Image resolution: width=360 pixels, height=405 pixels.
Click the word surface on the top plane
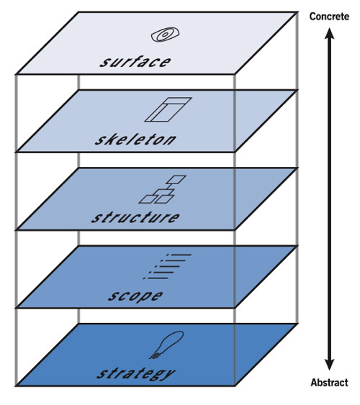pos(135,62)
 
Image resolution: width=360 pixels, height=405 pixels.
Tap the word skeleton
pos(135,140)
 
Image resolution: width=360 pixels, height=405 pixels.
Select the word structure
pos(135,217)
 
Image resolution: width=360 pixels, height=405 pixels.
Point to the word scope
pos(135,296)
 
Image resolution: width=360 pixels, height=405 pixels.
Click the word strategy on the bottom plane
pos(136,373)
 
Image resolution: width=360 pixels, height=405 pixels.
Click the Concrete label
pos(329,17)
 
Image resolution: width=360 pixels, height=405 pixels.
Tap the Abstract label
pos(330,382)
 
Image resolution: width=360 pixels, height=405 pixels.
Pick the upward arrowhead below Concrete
pos(329,34)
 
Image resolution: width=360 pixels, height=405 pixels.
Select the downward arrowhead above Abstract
pos(329,364)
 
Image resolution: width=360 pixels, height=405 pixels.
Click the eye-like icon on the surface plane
pos(165,35)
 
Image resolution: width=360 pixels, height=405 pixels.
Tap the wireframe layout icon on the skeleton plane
pos(168,109)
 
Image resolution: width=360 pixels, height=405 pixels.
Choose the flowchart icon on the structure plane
pos(162,189)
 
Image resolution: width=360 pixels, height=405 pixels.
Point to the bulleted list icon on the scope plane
pos(167,267)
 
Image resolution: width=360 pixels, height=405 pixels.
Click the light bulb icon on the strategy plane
pos(167,345)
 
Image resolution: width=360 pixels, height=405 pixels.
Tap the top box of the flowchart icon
pos(176,180)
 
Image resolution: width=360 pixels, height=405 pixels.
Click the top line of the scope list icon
pos(179,255)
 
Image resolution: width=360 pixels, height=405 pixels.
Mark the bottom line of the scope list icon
pos(156,278)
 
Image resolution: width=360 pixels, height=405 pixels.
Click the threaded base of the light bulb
pos(155,356)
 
